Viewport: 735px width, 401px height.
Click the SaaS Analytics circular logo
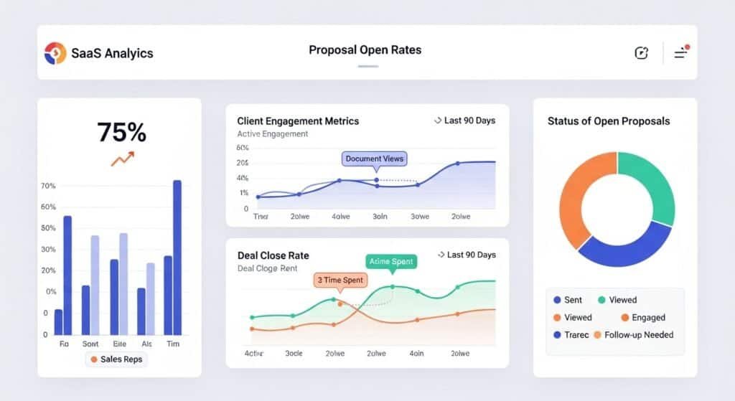[55, 52]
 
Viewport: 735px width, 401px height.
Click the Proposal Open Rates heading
[365, 50]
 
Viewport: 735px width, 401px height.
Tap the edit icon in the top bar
[641, 52]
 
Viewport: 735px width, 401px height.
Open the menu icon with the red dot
[680, 52]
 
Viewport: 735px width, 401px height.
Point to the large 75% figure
[121, 133]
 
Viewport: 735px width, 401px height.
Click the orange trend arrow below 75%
[122, 159]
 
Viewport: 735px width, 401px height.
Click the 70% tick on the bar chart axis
[48, 187]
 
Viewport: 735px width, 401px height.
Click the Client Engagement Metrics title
[298, 121]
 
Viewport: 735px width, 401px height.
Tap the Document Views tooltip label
[374, 159]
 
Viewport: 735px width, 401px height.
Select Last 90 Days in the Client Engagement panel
[465, 121]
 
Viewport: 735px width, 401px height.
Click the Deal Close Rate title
[273, 255]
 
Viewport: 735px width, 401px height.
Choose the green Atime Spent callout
[391, 262]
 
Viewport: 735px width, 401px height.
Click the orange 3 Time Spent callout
[340, 280]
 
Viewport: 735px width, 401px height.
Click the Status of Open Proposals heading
[608, 121]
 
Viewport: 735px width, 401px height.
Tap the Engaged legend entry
[643, 317]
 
